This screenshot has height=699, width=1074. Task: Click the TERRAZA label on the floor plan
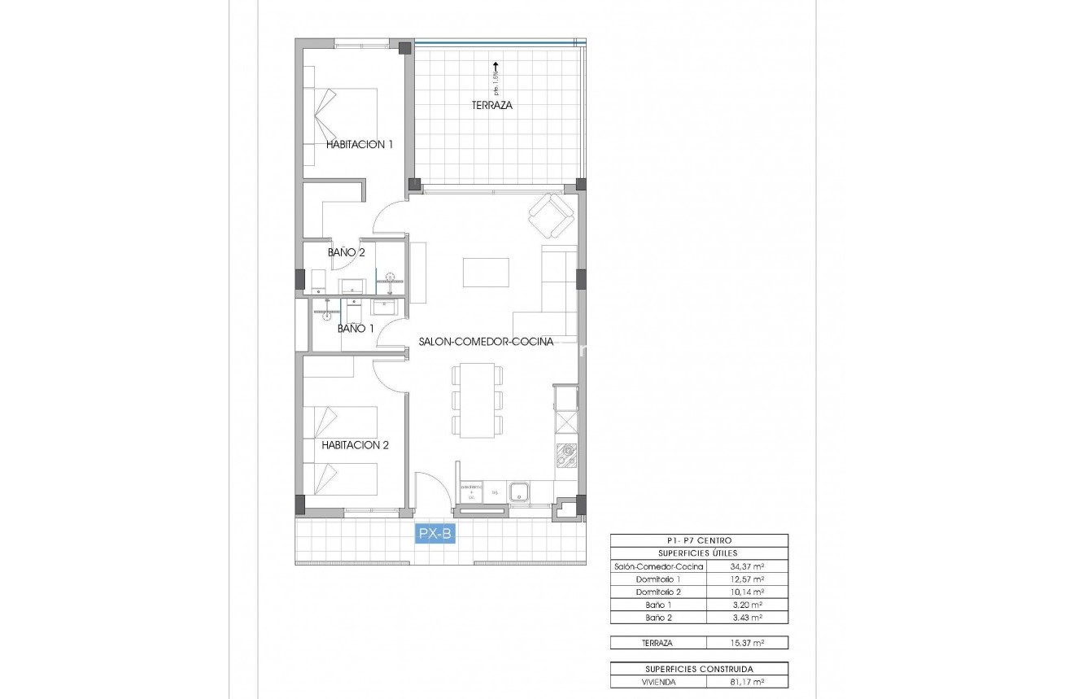click(x=492, y=105)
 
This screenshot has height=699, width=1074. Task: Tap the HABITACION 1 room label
click(x=360, y=144)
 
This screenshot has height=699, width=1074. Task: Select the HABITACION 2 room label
click(x=355, y=445)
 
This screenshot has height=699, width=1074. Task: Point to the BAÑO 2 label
click(x=346, y=252)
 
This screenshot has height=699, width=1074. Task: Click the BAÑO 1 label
click(x=356, y=329)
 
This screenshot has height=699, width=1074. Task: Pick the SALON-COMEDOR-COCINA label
click(x=486, y=342)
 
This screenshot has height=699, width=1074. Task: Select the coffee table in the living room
click(x=486, y=272)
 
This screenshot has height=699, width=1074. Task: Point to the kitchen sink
click(x=519, y=491)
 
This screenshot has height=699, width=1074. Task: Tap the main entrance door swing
click(x=431, y=491)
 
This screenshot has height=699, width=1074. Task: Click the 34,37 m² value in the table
click(x=747, y=566)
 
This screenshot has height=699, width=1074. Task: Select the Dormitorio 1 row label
click(x=658, y=579)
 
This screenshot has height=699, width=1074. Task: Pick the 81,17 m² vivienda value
click(x=747, y=682)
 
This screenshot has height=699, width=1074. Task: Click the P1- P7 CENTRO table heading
click(x=699, y=540)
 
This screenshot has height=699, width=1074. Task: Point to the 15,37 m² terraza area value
click(x=747, y=643)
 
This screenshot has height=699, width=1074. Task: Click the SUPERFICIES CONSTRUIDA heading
click(x=699, y=669)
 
